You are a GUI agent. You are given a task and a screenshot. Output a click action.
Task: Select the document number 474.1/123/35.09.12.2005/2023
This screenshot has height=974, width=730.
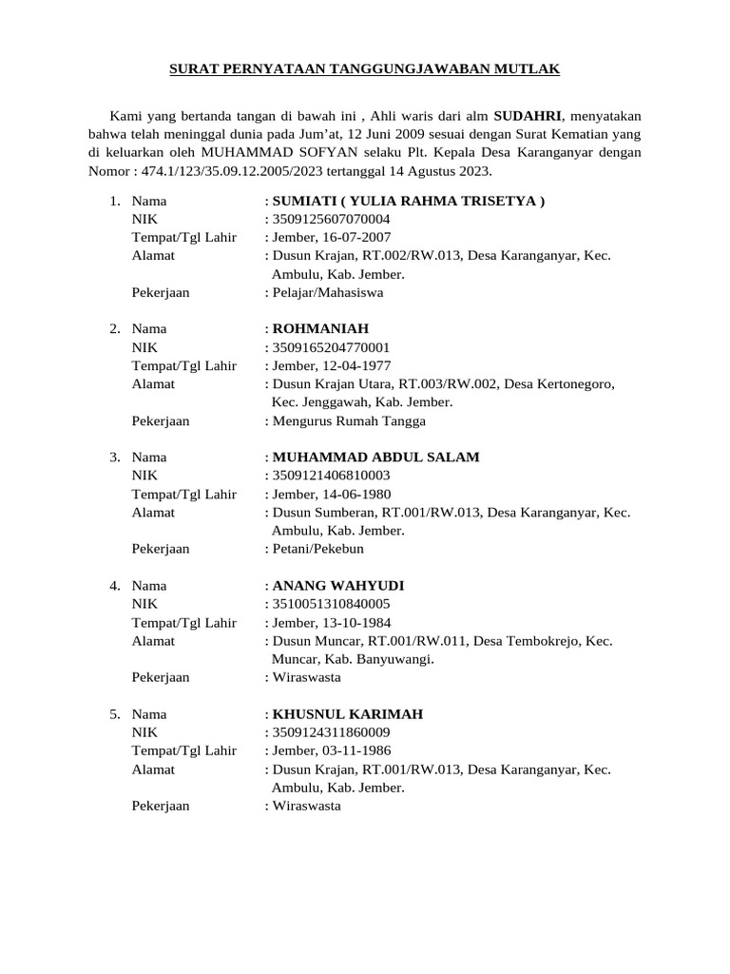258,171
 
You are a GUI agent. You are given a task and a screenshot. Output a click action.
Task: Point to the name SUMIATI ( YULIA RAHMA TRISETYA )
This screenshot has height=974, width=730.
409,201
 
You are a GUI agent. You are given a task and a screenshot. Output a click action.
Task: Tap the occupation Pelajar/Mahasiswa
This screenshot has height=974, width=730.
328,292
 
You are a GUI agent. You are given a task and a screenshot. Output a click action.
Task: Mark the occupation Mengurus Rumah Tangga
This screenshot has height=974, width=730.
349,420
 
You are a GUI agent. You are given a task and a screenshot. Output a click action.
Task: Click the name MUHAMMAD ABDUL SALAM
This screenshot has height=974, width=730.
375,458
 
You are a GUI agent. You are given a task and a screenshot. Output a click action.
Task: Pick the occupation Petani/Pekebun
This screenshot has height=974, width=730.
318,549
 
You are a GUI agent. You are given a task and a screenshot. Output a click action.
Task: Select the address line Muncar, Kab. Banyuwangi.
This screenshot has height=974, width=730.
353,658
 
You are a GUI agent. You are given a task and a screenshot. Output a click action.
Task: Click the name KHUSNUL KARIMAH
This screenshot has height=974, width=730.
348,714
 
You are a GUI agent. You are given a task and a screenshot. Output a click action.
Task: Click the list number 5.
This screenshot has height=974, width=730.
113,714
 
